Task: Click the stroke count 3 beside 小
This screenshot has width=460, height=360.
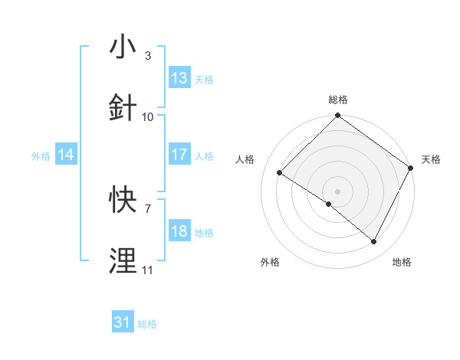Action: click(147, 55)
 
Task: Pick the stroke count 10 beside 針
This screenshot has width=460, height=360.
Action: click(148, 116)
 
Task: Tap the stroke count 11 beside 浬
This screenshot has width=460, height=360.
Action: click(148, 270)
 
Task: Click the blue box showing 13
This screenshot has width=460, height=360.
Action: click(179, 78)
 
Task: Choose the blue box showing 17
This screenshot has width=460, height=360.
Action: click(179, 155)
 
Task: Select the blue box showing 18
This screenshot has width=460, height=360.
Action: click(179, 231)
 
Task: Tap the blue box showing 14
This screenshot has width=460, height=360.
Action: click(66, 155)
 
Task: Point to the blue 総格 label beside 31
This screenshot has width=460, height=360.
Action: click(147, 324)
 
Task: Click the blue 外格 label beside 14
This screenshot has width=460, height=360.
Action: click(41, 155)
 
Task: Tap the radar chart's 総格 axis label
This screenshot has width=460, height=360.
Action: click(338, 100)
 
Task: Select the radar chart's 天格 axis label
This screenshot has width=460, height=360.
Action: click(431, 159)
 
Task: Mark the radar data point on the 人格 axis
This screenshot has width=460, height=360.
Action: click(280, 172)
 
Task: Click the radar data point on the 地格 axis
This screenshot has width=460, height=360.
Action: click(374, 242)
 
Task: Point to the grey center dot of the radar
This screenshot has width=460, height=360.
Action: click(337, 191)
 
